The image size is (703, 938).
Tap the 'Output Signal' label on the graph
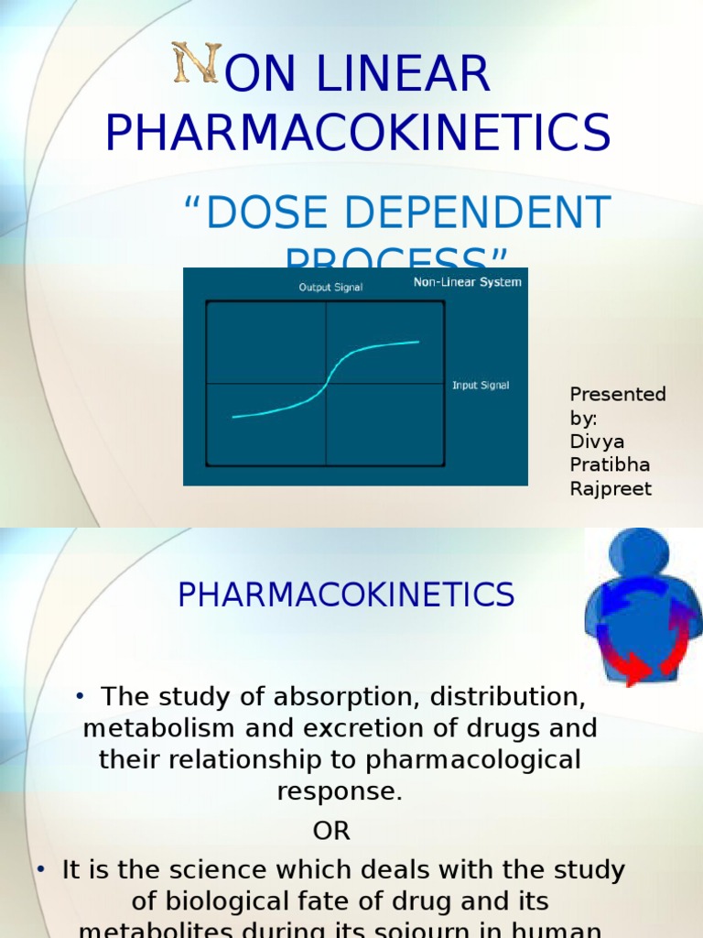click(330, 288)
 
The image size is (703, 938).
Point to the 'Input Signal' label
click(481, 386)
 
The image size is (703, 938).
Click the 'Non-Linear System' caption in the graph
click(467, 282)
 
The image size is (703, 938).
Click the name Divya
click(597, 442)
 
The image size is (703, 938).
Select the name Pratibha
click(610, 465)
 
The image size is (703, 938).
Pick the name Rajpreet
click(611, 489)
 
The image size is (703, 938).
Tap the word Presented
click(618, 395)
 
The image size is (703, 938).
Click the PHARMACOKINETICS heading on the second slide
click(346, 595)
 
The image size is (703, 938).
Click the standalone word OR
click(331, 831)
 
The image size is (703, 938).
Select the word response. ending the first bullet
click(341, 792)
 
